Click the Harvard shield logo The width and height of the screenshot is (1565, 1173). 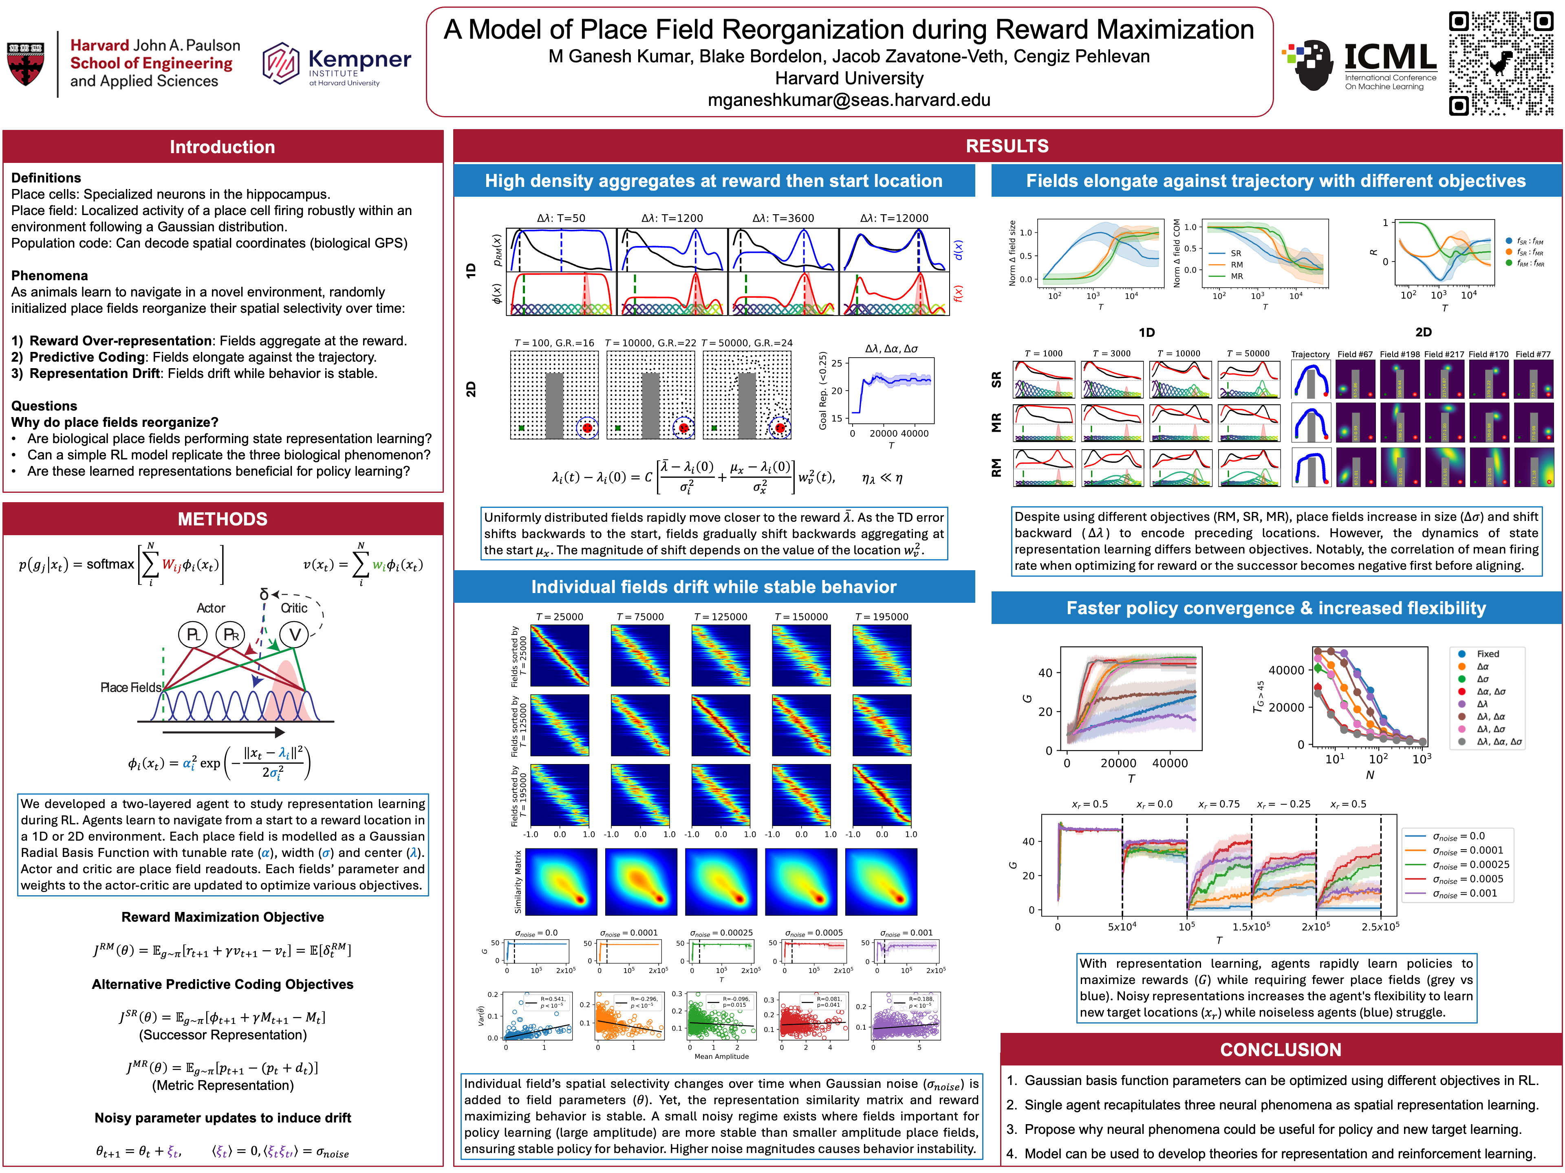pos(25,64)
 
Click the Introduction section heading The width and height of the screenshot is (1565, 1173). pos(222,147)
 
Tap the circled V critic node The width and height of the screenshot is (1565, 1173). pos(294,634)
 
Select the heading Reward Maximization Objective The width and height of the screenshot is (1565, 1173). pos(222,917)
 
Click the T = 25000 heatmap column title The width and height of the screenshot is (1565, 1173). pos(559,617)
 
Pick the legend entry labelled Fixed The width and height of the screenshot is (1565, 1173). pos(1487,654)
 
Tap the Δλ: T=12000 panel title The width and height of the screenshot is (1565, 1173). pos(894,218)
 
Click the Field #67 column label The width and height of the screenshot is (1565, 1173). pos(1354,354)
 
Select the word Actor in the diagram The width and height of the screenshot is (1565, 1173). pos(211,608)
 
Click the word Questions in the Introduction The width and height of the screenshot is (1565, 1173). pos(44,406)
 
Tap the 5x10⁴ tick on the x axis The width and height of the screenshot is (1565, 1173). pos(1122,926)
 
